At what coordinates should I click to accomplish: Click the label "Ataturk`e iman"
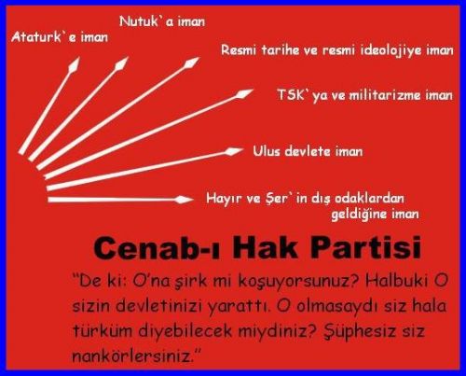(x=60, y=37)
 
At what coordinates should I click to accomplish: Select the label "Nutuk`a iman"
(x=162, y=21)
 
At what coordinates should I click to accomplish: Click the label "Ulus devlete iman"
(x=308, y=151)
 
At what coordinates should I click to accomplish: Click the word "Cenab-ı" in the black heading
(x=158, y=248)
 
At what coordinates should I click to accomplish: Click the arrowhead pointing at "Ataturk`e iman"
(x=75, y=64)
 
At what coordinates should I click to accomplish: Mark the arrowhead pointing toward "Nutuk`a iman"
(x=121, y=63)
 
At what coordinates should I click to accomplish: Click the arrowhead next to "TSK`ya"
(x=244, y=93)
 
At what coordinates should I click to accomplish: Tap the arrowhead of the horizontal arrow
(x=184, y=200)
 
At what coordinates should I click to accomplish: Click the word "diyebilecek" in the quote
(x=185, y=331)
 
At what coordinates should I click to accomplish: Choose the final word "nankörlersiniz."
(x=137, y=355)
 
